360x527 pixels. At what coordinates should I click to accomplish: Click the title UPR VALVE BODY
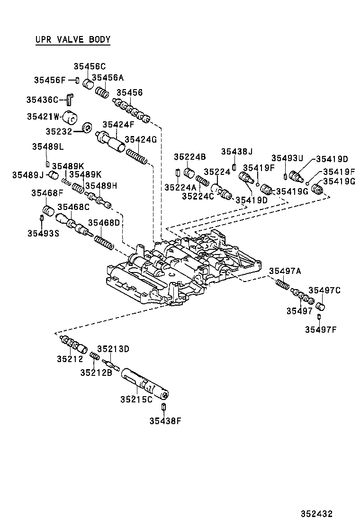pos(72,39)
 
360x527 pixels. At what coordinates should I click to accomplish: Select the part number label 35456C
pos(90,67)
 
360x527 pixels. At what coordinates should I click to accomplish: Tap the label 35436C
pos(42,100)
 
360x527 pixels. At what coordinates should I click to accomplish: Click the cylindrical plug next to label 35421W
pos(71,117)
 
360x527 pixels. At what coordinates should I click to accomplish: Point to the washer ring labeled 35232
pos(87,128)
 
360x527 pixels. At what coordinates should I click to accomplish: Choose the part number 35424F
pos(118,125)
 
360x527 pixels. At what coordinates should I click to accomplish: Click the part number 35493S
pos(43,233)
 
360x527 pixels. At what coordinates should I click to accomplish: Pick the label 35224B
pos(189,157)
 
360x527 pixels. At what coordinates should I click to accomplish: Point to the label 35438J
pos(237,151)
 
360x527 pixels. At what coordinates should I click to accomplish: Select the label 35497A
pos(285,271)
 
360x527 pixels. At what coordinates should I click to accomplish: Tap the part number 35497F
pos(321,329)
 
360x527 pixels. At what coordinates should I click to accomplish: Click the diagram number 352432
pos(315,513)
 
